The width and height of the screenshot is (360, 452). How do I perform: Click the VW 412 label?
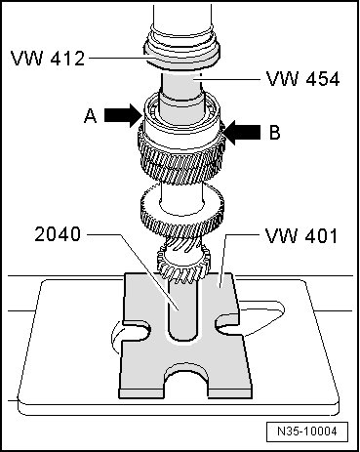(x=48, y=59)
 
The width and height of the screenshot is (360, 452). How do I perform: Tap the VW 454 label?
(x=303, y=79)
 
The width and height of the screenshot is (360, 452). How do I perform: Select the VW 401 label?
(x=301, y=235)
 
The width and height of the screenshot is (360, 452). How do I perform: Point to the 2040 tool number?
(x=58, y=234)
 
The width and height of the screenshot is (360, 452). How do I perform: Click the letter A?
(x=90, y=116)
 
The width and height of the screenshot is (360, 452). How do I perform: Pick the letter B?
(x=275, y=133)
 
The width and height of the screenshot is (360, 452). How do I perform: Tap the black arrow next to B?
(x=242, y=133)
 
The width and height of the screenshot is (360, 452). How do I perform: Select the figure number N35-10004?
(x=307, y=431)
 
